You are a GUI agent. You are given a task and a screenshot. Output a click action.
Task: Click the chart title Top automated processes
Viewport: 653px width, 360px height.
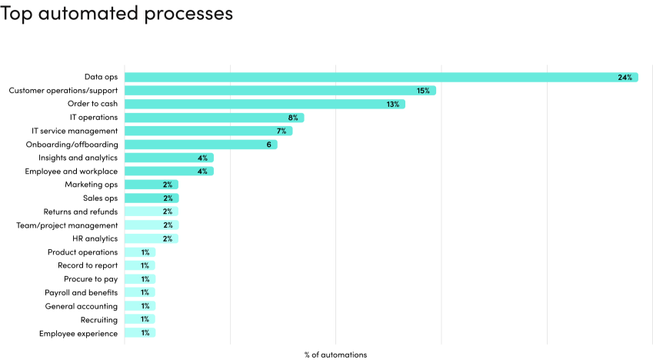116,14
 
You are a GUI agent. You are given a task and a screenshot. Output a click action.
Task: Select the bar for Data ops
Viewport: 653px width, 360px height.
381,77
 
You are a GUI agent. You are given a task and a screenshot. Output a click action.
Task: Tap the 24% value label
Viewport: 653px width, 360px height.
624,77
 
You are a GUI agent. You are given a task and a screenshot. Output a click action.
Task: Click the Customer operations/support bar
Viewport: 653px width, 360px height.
280,91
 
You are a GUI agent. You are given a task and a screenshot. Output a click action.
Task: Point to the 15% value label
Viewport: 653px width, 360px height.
423,91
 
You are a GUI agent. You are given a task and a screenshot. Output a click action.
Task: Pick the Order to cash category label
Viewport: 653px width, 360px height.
92,104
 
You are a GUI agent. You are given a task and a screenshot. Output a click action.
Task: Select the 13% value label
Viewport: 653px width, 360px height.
392,104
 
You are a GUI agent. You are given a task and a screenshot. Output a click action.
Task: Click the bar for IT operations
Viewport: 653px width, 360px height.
214,118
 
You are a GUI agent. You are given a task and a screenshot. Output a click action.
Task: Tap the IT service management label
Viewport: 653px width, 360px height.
75,131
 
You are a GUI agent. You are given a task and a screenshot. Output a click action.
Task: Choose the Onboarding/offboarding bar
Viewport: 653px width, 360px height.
200,145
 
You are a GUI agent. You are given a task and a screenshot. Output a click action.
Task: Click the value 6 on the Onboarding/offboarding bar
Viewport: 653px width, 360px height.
269,145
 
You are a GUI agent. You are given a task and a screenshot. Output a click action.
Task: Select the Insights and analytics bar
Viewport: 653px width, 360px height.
168,158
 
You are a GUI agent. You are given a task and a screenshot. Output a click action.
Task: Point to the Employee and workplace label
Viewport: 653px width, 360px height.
71,171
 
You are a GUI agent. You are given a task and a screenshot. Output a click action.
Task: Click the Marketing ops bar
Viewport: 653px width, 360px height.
151,185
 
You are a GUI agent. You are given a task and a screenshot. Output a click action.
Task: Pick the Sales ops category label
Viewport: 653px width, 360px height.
100,198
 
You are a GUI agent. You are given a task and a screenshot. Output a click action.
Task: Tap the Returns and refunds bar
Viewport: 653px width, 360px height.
151,212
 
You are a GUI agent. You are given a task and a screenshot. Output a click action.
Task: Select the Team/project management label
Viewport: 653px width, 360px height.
67,225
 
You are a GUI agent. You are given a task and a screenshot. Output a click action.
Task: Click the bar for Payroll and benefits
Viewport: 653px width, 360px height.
139,292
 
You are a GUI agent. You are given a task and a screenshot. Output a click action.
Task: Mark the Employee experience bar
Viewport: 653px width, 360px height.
139,333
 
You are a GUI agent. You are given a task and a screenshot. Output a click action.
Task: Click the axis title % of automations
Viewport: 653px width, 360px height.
335,355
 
